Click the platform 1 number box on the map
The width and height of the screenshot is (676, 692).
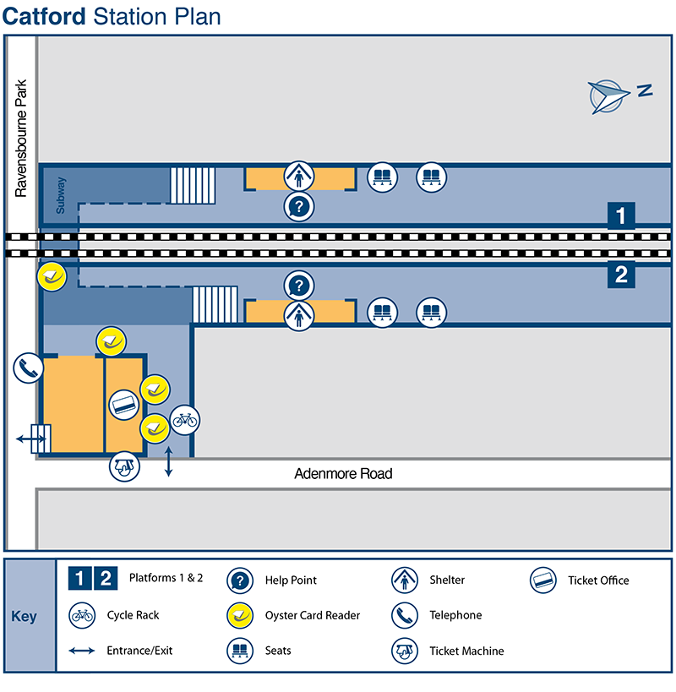(x=622, y=216)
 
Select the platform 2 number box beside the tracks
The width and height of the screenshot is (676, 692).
(x=622, y=274)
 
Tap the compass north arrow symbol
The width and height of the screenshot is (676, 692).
(x=610, y=95)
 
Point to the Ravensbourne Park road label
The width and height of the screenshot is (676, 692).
(x=22, y=139)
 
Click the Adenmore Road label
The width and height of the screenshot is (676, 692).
(x=343, y=474)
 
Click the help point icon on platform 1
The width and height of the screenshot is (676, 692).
(x=299, y=205)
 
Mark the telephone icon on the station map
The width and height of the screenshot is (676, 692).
(x=28, y=368)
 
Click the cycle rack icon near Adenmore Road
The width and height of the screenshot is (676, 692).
(x=185, y=418)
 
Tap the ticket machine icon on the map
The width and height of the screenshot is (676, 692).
(x=124, y=467)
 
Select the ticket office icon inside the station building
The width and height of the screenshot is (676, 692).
(x=124, y=405)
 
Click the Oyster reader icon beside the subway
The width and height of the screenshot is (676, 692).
(x=52, y=276)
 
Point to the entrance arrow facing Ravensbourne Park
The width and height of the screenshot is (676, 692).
(x=32, y=439)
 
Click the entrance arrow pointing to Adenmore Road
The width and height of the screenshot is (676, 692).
(x=169, y=462)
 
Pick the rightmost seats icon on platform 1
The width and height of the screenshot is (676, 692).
(x=431, y=177)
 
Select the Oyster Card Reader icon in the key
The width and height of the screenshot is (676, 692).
(x=241, y=615)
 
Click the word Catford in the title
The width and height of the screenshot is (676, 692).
(x=45, y=17)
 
